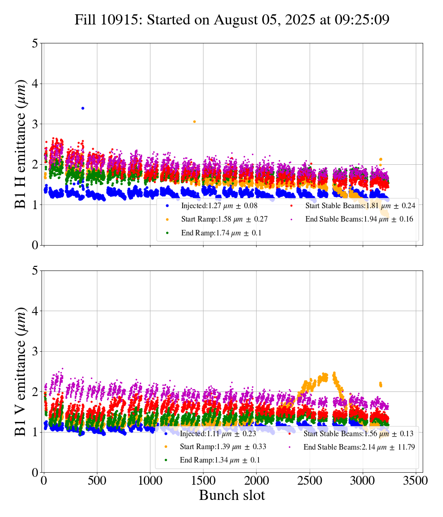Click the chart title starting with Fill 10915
click(x=232, y=20)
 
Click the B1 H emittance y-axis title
click(x=21, y=144)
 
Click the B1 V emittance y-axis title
click(x=21, y=371)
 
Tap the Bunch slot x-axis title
click(x=232, y=496)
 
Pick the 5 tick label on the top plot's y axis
click(x=35, y=43)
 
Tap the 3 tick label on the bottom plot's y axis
click(x=35, y=351)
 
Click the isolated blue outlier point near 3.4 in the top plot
click(x=83, y=108)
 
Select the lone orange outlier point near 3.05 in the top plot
click(x=194, y=121)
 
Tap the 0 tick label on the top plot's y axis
click(x=35, y=245)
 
